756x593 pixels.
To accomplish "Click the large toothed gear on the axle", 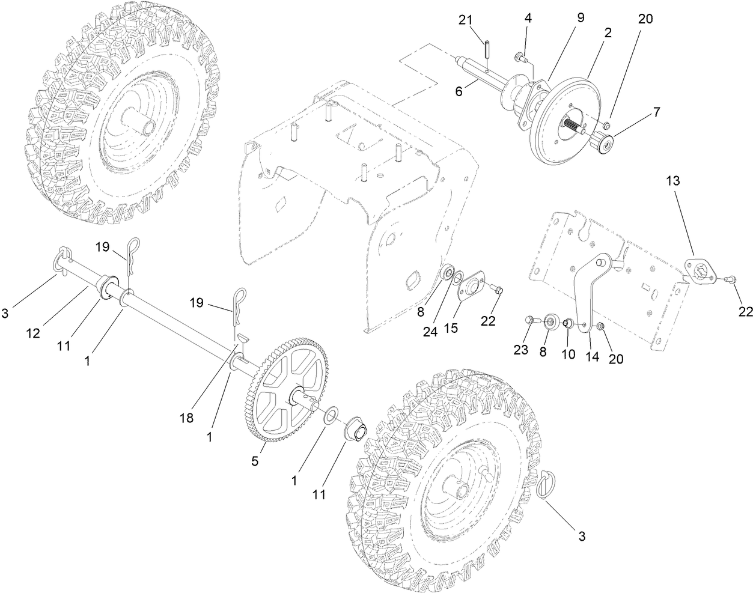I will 282,394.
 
